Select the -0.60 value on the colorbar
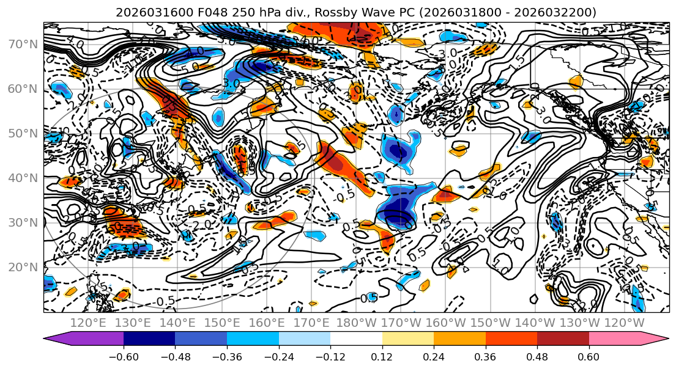[124, 356]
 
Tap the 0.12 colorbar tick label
[382, 356]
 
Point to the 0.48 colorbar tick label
[537, 356]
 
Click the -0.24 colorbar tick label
[278, 356]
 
